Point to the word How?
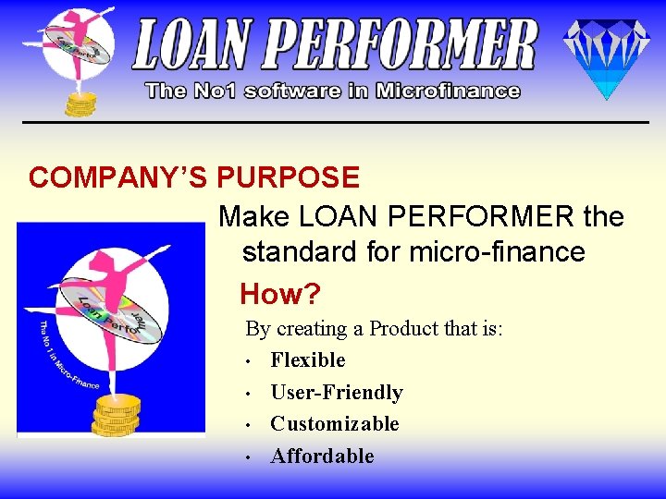(279, 295)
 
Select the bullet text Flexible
(308, 359)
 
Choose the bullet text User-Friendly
(337, 392)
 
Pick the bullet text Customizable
(335, 423)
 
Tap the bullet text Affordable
(323, 456)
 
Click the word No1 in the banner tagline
(210, 91)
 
